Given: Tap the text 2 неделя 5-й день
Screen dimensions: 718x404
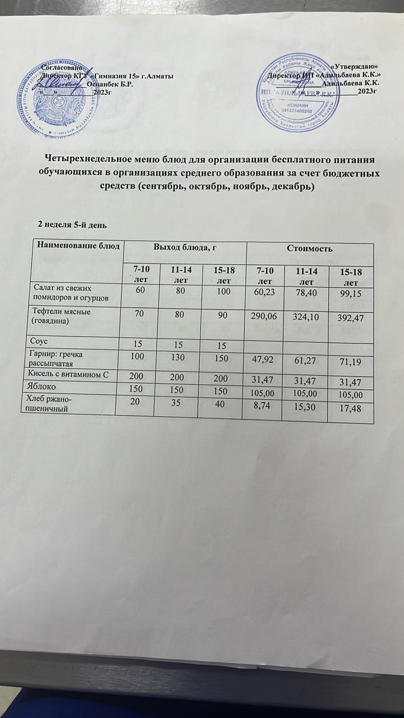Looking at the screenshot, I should [72, 225].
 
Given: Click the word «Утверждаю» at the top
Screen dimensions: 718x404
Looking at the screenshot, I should [357, 67].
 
